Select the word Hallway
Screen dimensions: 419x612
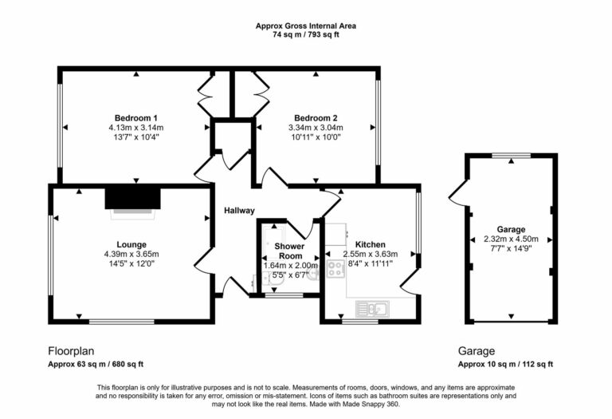click(238, 211)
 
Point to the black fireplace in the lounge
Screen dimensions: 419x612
click(134, 197)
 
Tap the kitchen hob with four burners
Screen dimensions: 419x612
click(335, 269)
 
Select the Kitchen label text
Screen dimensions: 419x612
click(371, 244)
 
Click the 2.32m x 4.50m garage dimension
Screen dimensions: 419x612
click(511, 239)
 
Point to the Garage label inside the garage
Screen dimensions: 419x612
click(511, 228)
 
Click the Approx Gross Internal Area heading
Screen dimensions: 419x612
click(306, 26)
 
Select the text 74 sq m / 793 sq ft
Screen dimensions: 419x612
click(306, 35)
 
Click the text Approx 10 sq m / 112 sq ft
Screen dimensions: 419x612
click(505, 364)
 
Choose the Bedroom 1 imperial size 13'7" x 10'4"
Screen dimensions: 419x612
click(135, 137)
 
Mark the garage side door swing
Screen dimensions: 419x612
click(457, 192)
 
